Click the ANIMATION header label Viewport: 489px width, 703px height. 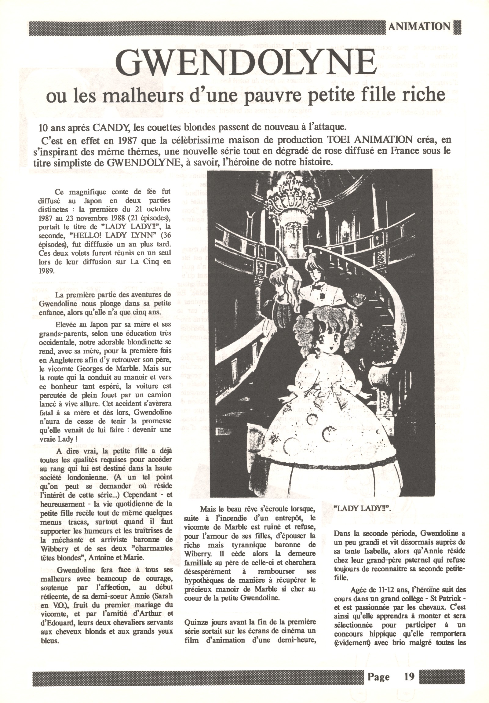pyautogui.click(x=419, y=26)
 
